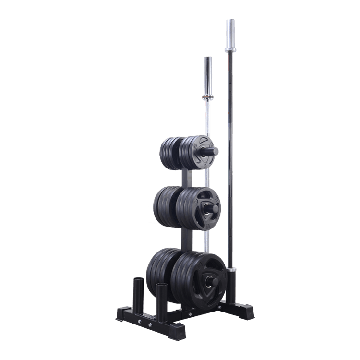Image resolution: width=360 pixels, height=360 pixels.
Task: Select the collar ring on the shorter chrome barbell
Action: [x=207, y=99]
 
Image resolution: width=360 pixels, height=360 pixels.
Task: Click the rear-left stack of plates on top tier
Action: [x=168, y=153]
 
